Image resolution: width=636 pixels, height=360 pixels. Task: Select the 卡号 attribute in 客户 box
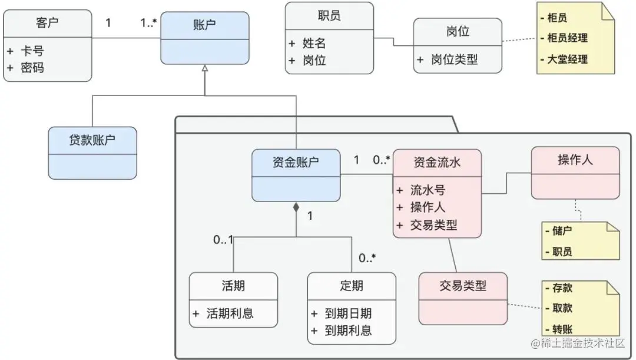(32, 51)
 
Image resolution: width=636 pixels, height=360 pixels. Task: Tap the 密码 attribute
(32, 68)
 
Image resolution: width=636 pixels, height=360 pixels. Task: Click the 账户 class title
(204, 25)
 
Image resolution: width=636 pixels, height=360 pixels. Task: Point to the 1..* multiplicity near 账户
(148, 24)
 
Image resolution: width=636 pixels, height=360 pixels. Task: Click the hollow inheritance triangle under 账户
(204, 69)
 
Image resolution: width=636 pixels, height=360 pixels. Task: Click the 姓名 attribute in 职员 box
(314, 43)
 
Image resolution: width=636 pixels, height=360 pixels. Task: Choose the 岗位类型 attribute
(454, 60)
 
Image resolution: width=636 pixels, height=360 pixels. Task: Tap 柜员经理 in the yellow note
(567, 38)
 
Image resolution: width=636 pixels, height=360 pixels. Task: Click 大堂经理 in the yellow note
(567, 59)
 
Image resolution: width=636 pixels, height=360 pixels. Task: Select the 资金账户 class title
(296, 163)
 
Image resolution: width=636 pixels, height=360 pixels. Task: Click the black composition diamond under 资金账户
(296, 207)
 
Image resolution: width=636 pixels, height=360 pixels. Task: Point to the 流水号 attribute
(428, 190)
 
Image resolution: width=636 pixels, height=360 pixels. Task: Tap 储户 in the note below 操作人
(562, 232)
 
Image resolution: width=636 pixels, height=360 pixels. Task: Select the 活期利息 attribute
(230, 313)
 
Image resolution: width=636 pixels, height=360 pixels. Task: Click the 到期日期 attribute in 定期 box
(348, 313)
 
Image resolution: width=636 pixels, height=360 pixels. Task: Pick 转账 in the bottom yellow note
(562, 329)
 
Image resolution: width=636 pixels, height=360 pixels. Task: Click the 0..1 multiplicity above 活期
(223, 240)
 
